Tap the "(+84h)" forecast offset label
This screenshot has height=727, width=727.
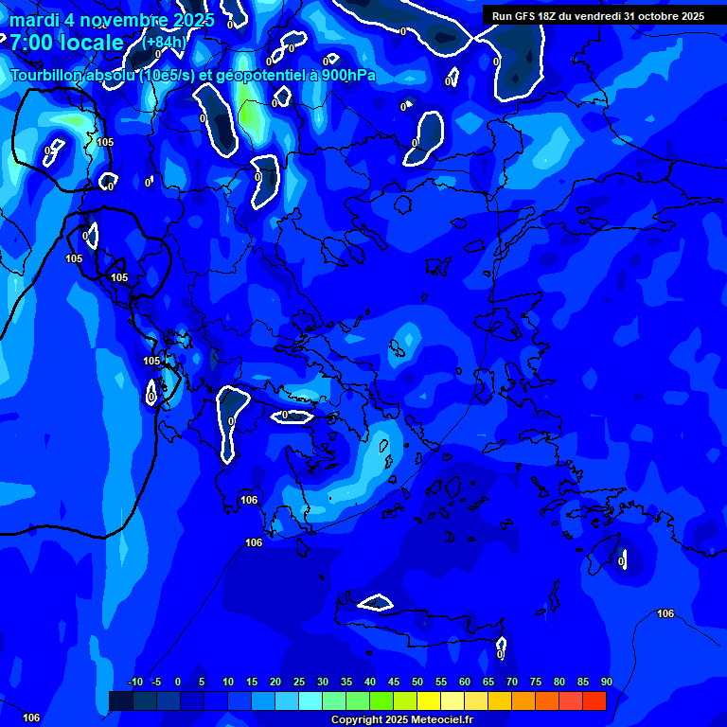click(x=164, y=42)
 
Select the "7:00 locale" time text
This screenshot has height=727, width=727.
click(x=66, y=43)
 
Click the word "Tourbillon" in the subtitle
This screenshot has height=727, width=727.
click(x=51, y=76)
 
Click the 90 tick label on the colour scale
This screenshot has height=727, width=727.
click(x=606, y=682)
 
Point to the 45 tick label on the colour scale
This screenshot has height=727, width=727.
click(x=393, y=682)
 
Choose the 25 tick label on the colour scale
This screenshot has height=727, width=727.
click(x=299, y=682)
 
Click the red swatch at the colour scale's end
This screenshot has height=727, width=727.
click(x=594, y=700)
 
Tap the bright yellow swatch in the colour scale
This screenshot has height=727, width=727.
click(x=428, y=700)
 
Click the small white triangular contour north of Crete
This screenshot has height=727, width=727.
click(x=376, y=603)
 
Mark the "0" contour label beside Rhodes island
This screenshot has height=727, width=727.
click(x=621, y=561)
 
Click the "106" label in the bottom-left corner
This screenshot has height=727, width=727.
click(x=32, y=718)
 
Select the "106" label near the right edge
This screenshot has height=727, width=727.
click(x=665, y=614)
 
